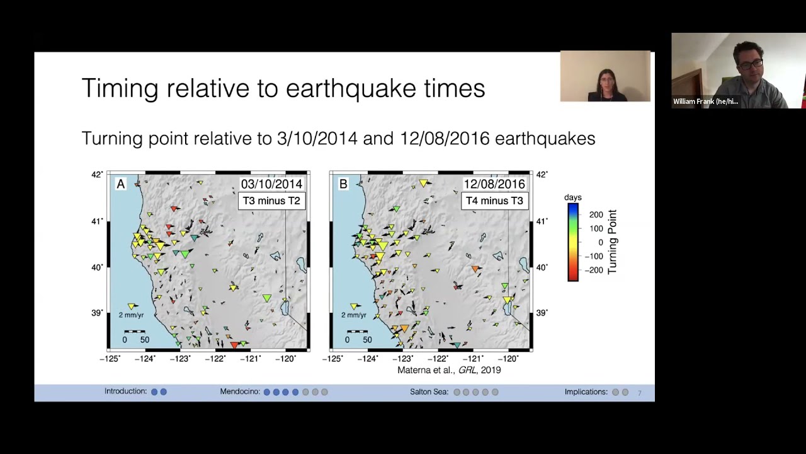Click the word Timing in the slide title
[x=120, y=88]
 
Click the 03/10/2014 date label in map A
[x=271, y=184]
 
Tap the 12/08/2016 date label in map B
[x=494, y=184]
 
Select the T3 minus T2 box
[x=271, y=201]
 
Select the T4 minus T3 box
[x=494, y=201]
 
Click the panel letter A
[x=121, y=184]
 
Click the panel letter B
[x=343, y=184]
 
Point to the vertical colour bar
[x=573, y=242]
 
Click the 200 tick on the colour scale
[x=596, y=215]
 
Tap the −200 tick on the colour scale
[x=593, y=270]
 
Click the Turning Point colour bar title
[x=612, y=242]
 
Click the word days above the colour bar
[x=573, y=197]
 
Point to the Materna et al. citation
[x=449, y=370]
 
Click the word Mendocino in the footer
[x=240, y=392]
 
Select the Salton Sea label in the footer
[x=429, y=392]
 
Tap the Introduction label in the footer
[x=125, y=392]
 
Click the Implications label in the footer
[x=586, y=392]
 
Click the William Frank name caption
[x=705, y=102]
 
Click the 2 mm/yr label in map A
[x=131, y=315]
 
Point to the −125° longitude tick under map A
[x=110, y=359]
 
